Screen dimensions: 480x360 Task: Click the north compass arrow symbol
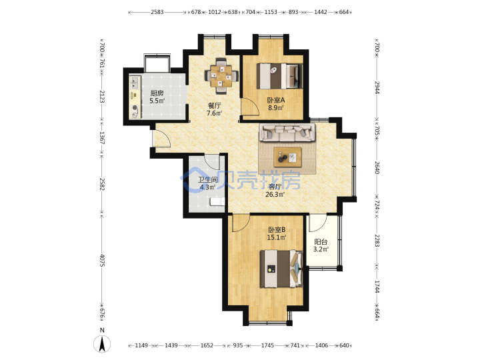102,344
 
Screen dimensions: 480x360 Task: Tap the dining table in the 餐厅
221,75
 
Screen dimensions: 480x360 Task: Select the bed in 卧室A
279,76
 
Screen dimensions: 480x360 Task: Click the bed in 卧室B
281,269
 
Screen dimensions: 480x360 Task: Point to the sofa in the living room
287,132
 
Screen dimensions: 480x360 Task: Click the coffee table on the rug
287,157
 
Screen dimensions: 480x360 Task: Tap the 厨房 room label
157,93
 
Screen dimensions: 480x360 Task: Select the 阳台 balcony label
321,242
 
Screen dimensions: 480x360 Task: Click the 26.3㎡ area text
275,195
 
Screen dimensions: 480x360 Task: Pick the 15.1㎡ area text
277,237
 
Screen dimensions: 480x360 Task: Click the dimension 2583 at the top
157,12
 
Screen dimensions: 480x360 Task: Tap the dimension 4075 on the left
102,260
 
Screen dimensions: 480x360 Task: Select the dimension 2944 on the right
377,88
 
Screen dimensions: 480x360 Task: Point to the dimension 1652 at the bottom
207,345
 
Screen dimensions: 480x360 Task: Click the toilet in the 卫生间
217,201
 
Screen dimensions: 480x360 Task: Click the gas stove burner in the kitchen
135,108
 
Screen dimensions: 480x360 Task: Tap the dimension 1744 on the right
377,287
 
